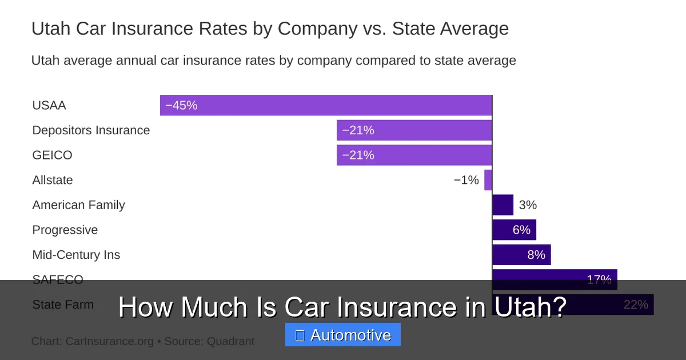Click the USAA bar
click(x=326, y=105)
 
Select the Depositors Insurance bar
click(x=414, y=130)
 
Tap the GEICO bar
click(x=414, y=155)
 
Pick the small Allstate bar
click(x=488, y=180)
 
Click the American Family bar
click(x=502, y=205)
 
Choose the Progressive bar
click(x=514, y=230)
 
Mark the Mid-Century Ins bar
click(x=521, y=254)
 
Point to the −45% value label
click(x=181, y=105)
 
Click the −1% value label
click(x=466, y=180)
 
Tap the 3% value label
click(x=528, y=205)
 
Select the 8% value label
click(x=536, y=254)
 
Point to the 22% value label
click(x=636, y=305)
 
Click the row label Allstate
click(x=53, y=180)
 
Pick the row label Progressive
click(x=65, y=230)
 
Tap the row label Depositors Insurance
click(x=91, y=130)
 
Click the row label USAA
click(x=49, y=105)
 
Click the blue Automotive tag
click(x=343, y=335)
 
